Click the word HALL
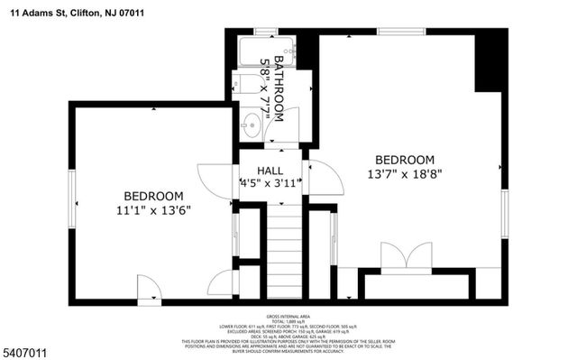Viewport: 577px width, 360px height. tap(270, 170)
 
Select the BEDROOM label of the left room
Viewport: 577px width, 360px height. tap(153, 196)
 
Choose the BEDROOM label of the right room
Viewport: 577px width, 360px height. tap(405, 159)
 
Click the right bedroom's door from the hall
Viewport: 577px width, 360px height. tap(325, 177)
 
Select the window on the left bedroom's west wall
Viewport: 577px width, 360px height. tap(70, 190)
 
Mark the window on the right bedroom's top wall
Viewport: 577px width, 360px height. tap(401, 32)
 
